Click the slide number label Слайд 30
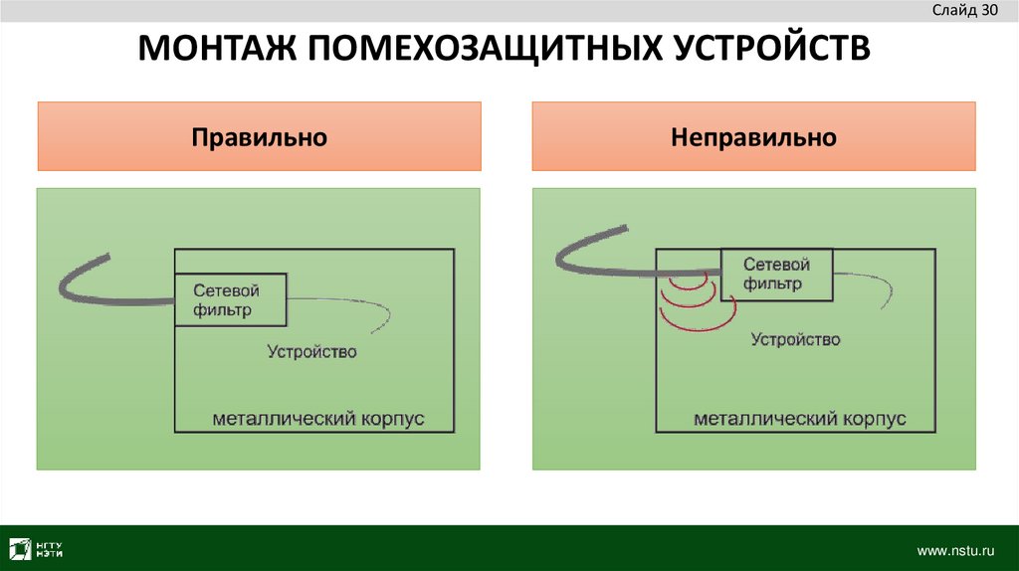tap(964, 11)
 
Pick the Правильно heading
tap(259, 136)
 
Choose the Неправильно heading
tap(753, 136)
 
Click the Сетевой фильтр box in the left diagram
tap(230, 299)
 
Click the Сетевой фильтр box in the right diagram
tap(776, 274)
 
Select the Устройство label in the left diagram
tap(311, 351)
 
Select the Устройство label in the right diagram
tap(795, 339)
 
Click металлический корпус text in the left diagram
tap(317, 418)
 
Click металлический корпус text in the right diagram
tap(799, 419)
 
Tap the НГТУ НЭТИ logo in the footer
tap(37, 548)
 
